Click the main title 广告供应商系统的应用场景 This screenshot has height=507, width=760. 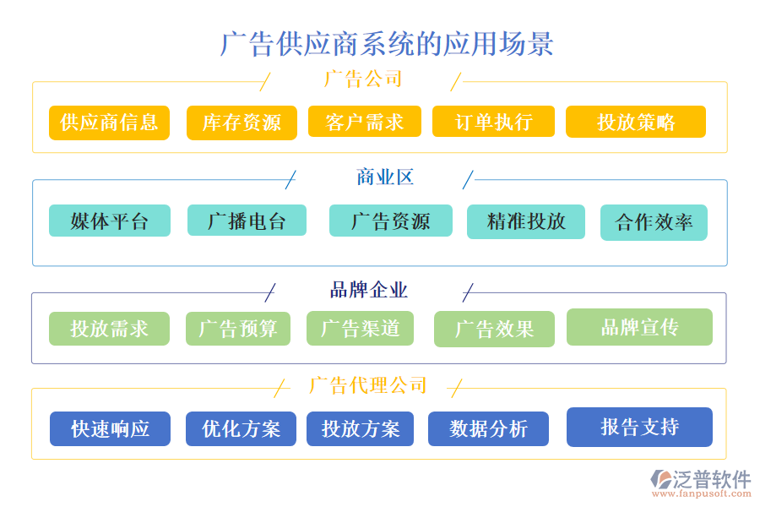387,43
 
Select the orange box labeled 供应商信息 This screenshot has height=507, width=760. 109,123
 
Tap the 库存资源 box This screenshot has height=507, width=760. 242,123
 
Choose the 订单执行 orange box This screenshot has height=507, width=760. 493,122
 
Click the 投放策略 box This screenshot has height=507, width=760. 635,122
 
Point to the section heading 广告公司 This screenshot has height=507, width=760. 363,79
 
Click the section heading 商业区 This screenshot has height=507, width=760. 384,177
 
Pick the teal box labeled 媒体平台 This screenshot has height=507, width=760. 109,221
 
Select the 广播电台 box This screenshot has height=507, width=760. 247,221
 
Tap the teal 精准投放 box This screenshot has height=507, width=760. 525,221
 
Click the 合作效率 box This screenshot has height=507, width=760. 654,222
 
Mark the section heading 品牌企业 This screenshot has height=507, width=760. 368,291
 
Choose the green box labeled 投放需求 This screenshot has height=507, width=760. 109,329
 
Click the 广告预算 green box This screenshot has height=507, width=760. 237,329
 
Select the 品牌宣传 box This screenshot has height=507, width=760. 639,327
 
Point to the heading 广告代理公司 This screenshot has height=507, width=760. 368,386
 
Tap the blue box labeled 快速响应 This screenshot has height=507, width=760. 110,428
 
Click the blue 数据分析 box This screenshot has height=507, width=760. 488,428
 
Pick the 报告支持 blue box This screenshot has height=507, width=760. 639,427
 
